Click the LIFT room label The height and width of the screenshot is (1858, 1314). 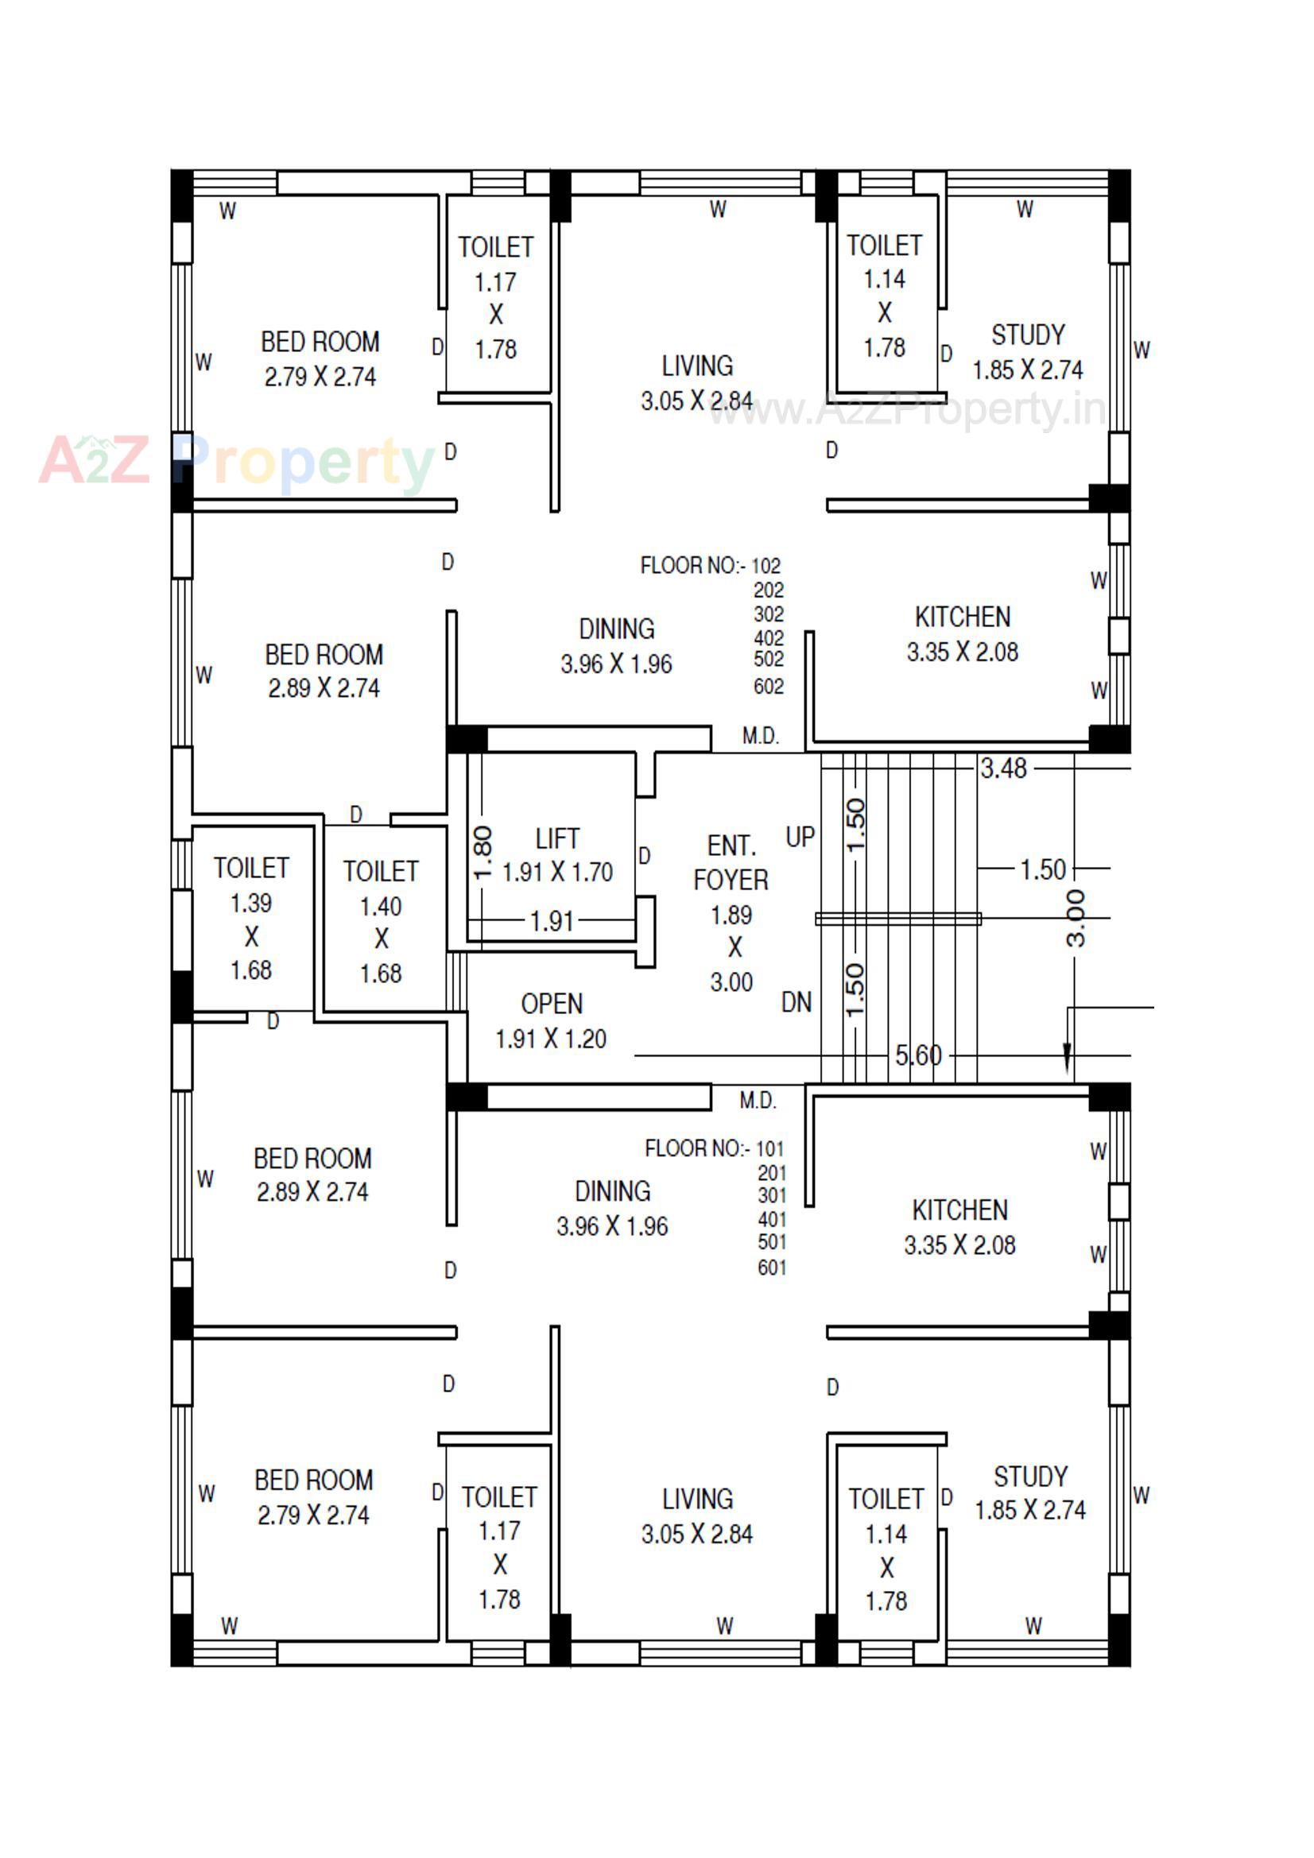pyautogui.click(x=557, y=838)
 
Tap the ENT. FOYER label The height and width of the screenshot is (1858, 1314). pyautogui.click(x=731, y=863)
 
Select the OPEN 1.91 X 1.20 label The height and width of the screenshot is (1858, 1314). pyautogui.click(x=552, y=1021)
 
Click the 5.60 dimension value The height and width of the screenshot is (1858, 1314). pyautogui.click(x=918, y=1055)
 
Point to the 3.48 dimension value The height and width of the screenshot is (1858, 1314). pyautogui.click(x=1003, y=768)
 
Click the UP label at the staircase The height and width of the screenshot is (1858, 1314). pyautogui.click(x=800, y=837)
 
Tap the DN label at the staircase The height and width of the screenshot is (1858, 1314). pyautogui.click(x=797, y=1003)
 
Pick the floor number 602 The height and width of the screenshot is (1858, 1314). pyautogui.click(x=769, y=687)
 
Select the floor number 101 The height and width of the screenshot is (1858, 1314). pyautogui.click(x=770, y=1148)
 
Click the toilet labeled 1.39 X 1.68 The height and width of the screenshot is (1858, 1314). pyautogui.click(x=251, y=919)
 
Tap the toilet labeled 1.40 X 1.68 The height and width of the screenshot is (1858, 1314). pyautogui.click(x=381, y=922)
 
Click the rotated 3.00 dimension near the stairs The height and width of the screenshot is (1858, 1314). pyautogui.click(x=1076, y=919)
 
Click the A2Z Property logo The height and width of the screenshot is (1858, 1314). pyautogui.click(x=235, y=461)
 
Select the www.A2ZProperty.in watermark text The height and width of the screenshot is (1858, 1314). pyautogui.click(x=907, y=410)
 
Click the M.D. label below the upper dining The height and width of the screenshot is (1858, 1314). pyautogui.click(x=760, y=736)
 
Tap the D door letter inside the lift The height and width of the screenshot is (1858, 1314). pyautogui.click(x=645, y=855)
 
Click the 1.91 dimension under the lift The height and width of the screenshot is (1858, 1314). pyautogui.click(x=552, y=921)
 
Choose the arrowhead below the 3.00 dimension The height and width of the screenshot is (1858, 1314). pyautogui.click(x=1067, y=1055)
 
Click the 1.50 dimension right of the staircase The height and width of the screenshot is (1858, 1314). pyautogui.click(x=1043, y=870)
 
